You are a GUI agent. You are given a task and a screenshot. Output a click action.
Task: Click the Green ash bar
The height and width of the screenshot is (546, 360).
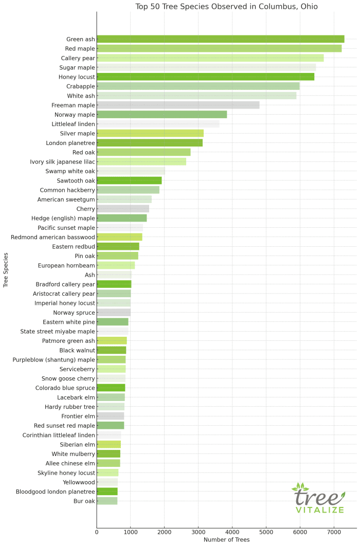click(220, 39)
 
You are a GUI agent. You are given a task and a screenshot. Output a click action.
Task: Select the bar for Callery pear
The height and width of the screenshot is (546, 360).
click(210, 58)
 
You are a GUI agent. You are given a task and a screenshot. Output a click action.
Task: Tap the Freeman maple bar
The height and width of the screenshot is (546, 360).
click(178, 105)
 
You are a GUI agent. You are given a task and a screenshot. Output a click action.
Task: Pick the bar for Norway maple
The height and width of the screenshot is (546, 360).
click(161, 115)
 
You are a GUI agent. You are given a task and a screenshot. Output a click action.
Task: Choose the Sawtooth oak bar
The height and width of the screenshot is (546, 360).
click(129, 180)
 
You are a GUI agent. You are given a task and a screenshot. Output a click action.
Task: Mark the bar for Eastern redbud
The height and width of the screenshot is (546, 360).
click(118, 246)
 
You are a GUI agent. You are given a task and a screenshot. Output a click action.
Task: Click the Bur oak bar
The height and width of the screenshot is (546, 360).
click(107, 501)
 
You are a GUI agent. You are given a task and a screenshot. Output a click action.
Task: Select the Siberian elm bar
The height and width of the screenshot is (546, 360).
click(109, 444)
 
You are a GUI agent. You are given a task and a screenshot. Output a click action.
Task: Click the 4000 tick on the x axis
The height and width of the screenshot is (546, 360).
click(232, 531)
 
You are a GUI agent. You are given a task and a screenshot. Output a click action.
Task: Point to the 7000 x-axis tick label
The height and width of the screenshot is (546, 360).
click(334, 531)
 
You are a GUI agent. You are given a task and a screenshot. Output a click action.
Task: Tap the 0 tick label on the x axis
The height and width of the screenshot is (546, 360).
click(97, 531)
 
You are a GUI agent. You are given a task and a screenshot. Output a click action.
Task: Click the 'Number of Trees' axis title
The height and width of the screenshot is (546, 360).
click(226, 539)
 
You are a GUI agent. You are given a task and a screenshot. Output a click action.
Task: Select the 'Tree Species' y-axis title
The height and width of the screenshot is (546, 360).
click(6, 269)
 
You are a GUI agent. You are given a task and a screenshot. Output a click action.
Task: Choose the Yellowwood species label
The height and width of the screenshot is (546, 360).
click(79, 482)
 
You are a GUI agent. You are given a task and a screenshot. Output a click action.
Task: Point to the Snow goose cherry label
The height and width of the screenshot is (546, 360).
click(67, 378)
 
